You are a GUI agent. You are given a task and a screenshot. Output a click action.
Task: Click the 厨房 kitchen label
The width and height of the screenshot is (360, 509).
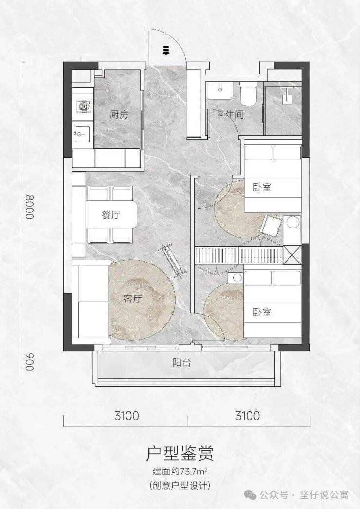click(119, 115)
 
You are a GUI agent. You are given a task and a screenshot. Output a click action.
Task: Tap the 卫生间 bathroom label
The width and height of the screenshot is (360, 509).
click(230, 114)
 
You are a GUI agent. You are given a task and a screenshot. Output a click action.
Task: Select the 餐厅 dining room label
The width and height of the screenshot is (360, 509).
click(111, 214)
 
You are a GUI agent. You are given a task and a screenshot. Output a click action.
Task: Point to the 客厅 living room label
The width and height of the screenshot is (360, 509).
click(132, 298)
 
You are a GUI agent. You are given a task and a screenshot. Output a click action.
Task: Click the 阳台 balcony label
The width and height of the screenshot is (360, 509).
click(181, 363)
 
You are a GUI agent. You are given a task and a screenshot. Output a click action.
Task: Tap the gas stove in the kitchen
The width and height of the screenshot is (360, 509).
click(83, 105)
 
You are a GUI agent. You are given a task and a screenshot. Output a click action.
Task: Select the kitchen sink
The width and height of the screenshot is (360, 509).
click(82, 133)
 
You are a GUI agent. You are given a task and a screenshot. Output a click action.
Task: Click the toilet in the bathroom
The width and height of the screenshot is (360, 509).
click(248, 93)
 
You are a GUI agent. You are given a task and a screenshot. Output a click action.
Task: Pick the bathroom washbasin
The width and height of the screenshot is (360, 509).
click(220, 90)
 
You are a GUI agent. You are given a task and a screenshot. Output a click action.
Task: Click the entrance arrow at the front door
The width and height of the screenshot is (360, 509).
click(166, 50)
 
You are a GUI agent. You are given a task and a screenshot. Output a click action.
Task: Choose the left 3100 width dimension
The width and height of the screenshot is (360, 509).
click(126, 416)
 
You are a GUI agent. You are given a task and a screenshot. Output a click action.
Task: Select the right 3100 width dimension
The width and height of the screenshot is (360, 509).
click(248, 416)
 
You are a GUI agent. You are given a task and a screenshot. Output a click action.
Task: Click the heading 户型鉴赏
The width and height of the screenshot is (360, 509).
click(180, 453)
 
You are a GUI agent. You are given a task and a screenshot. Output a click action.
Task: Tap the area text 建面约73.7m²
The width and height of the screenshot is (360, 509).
click(180, 471)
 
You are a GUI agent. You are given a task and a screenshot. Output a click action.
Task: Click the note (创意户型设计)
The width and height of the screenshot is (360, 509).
click(180, 486)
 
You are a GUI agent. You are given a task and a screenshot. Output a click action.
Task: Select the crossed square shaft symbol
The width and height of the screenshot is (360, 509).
click(292, 255)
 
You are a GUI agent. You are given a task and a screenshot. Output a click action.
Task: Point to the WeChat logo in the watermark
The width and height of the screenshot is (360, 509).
click(251, 495)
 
